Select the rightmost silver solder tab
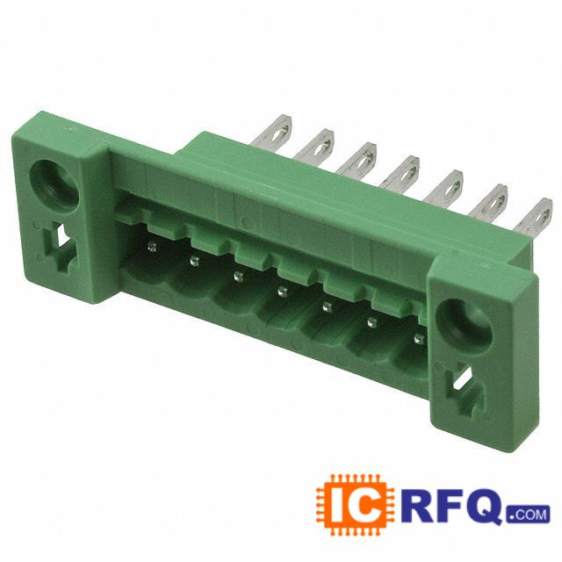click(534, 216)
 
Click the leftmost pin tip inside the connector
click(152, 246)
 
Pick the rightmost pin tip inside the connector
click(418, 338)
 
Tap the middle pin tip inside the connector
click(282, 292)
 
